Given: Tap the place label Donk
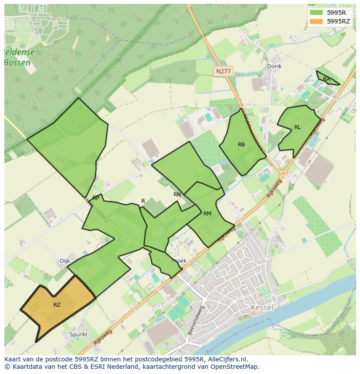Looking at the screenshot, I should [x=274, y=66].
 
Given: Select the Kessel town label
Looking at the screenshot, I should [x=262, y=308].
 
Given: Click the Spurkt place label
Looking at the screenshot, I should [x=78, y=334].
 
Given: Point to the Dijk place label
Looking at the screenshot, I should [x=64, y=261].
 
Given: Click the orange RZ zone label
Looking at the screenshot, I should [x=57, y=305].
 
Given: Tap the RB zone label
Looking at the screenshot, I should [x=241, y=145].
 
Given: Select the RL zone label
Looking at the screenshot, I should [x=297, y=127].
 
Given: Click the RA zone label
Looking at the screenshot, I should [x=327, y=79].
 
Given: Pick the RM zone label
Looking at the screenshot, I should [x=207, y=214].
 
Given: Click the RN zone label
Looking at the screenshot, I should [x=177, y=195].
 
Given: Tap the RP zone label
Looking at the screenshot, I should [x=96, y=198].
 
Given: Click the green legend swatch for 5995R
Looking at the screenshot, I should [x=316, y=13].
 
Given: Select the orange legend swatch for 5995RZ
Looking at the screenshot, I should [x=316, y=21].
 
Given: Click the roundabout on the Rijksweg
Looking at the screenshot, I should [x=283, y=173].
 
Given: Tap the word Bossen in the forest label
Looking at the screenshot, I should [x=17, y=63].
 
